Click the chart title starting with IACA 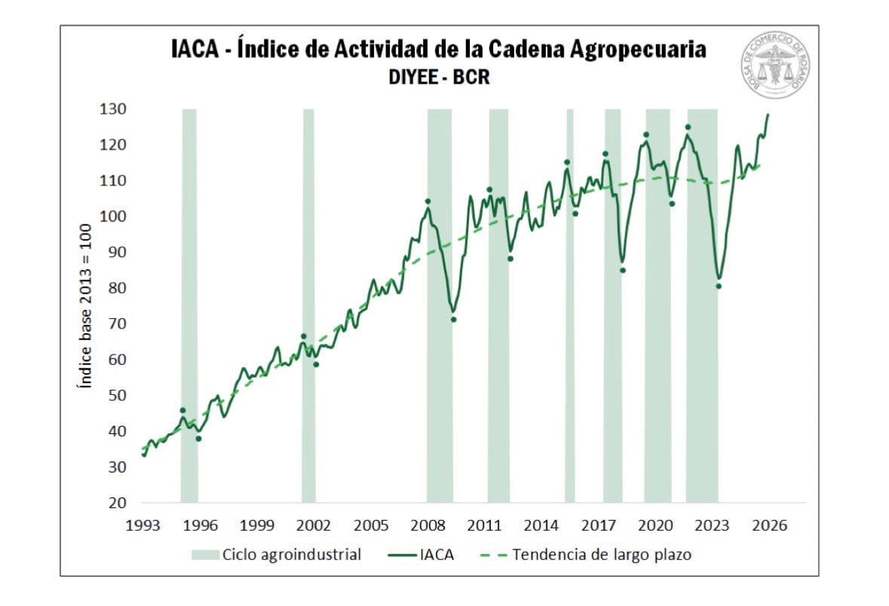coord(440,49)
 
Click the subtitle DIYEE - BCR coord(440,77)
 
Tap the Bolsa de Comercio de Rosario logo coord(775,65)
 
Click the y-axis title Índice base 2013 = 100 coord(85,306)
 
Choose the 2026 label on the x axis coord(770,525)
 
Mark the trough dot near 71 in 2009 coord(454,320)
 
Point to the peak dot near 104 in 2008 coord(428,201)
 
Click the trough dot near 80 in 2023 coord(719,286)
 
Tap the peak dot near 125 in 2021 coord(688,127)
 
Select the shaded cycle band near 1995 coord(189,301)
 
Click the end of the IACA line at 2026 coord(768,115)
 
